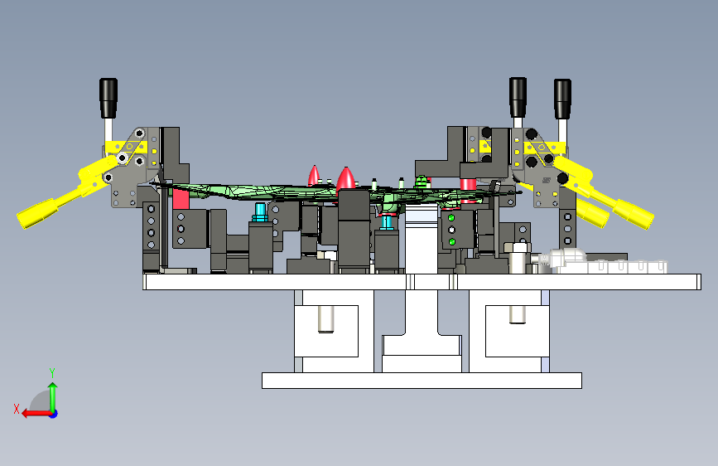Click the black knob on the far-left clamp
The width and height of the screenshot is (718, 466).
tap(108, 98)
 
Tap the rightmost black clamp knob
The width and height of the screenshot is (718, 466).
tap(562, 99)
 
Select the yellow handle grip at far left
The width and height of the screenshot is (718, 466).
tap(36, 215)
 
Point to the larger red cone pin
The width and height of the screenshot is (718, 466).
tap(345, 179)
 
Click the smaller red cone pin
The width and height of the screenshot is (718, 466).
tap(314, 175)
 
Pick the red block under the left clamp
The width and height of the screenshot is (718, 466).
tap(181, 199)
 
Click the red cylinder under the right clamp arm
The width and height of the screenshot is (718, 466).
tap(468, 189)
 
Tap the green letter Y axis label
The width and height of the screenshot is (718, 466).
tap(52, 373)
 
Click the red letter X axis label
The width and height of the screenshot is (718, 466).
tap(17, 409)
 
